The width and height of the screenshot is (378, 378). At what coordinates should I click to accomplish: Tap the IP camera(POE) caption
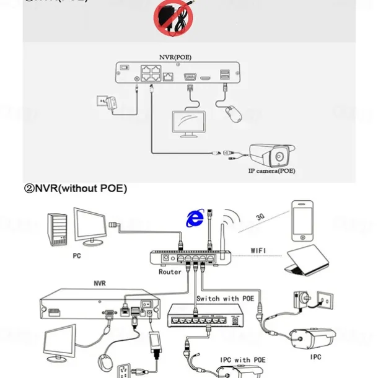coord(271,170)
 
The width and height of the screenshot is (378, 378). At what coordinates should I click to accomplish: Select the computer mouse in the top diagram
coord(232,113)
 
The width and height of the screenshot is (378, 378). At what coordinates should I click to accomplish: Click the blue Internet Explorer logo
coord(196,218)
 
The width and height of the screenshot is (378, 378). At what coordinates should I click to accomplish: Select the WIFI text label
coord(259,251)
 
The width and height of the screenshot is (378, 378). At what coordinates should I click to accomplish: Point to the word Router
coord(170,271)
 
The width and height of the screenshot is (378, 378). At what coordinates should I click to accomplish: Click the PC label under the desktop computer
coord(76,255)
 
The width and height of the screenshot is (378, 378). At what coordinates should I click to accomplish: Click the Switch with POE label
coord(225,299)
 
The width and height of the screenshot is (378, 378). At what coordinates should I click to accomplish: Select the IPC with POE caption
coord(242,359)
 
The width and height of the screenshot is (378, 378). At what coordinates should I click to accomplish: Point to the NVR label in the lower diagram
coord(99,283)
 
